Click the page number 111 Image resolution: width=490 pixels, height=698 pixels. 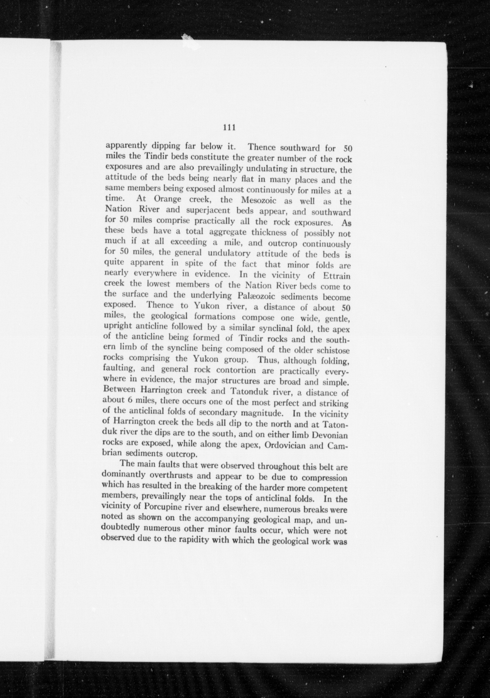(229, 128)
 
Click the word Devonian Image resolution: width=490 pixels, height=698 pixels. (330, 435)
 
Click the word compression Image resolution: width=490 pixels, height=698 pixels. (326, 478)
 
